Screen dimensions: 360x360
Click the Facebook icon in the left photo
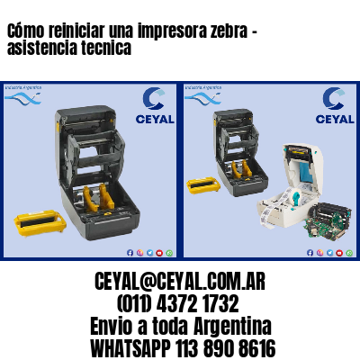tap(130, 253)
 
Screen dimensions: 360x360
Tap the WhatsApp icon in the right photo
tap(317, 253)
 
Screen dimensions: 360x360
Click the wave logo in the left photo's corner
tap(22, 94)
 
